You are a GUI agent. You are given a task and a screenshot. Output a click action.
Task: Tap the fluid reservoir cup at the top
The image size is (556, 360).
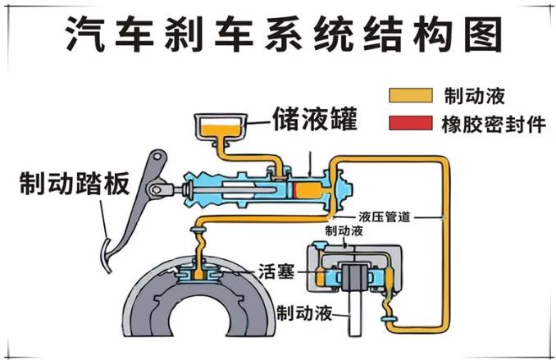click(x=219, y=129)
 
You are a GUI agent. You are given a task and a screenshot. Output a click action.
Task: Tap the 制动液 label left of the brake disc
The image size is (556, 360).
click(x=304, y=312)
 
